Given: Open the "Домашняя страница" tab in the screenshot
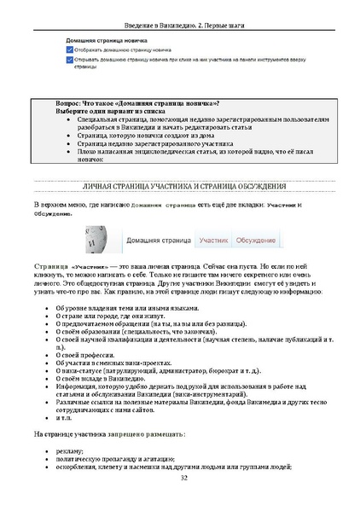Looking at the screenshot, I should coord(159,241).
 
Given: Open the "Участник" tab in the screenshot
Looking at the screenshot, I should coord(214,241).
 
